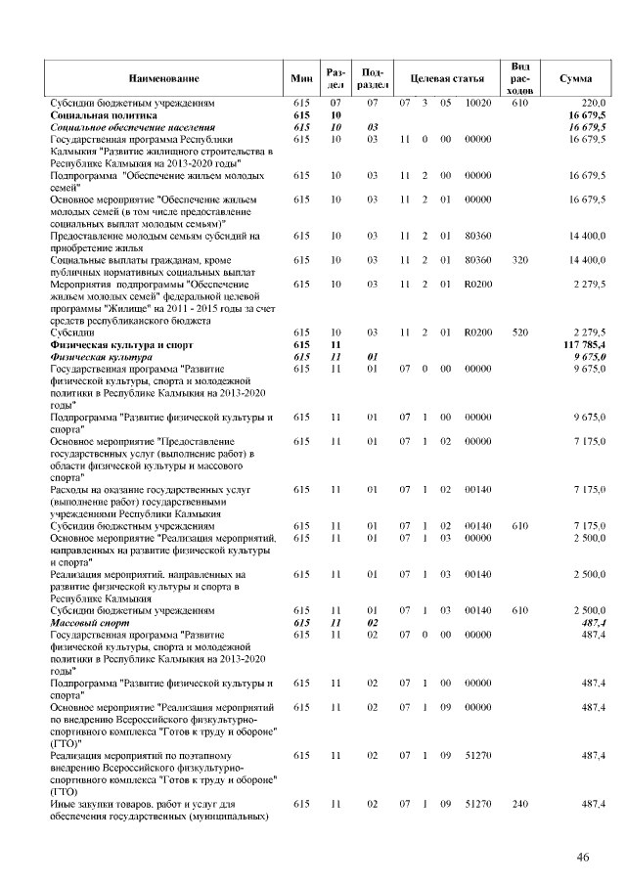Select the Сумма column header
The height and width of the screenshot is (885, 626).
[574, 77]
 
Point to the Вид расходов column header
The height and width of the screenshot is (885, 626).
[520, 77]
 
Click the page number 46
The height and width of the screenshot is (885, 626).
[582, 858]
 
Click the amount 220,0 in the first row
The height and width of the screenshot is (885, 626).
[594, 103]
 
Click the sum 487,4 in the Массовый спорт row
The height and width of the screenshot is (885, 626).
[593, 622]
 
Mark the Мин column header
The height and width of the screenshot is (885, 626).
[301, 77]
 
